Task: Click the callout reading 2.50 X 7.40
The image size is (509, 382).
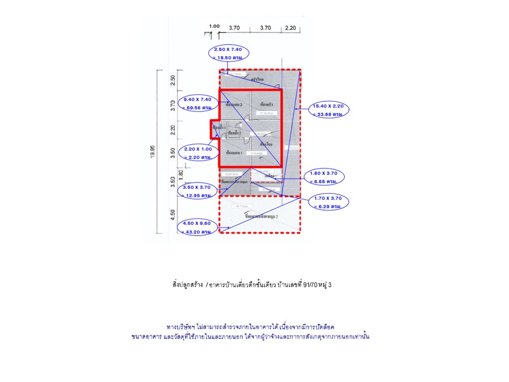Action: click(228, 53)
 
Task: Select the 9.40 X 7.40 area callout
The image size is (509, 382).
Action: click(197, 103)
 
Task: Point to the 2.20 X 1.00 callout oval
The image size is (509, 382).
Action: click(197, 153)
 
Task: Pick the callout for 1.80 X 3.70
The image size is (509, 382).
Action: click(323, 177)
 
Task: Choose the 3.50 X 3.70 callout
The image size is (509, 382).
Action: click(197, 191)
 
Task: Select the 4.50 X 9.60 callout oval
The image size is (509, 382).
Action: click(197, 228)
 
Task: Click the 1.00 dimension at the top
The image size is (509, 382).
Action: click(214, 26)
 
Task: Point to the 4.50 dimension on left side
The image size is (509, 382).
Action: click(172, 215)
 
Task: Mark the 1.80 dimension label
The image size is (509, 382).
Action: click(181, 173)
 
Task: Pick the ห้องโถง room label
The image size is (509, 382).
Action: click(266, 144)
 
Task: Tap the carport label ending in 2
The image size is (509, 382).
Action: click(258, 217)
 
